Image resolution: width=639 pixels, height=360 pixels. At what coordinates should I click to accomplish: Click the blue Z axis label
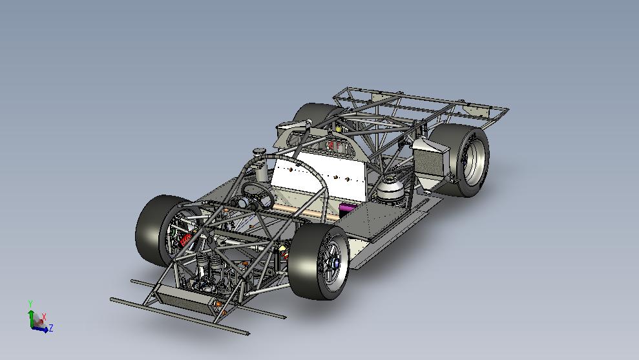50,328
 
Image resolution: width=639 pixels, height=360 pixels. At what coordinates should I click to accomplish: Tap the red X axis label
43,317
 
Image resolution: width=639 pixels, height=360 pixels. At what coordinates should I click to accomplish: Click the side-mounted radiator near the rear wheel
429,158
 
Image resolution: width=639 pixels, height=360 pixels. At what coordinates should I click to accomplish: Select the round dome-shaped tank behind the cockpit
392,189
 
